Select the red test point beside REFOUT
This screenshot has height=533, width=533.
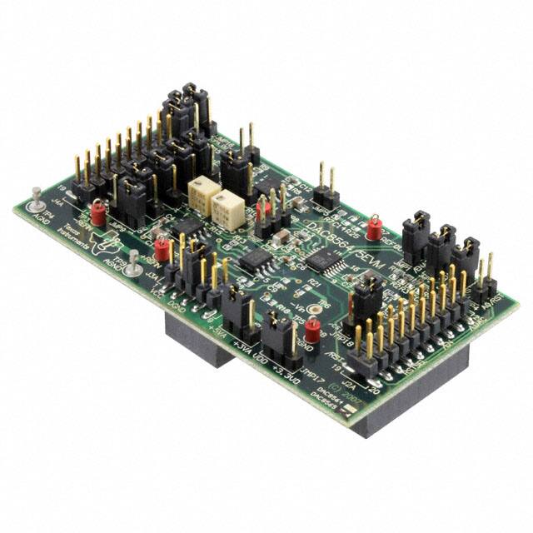[x=375, y=225]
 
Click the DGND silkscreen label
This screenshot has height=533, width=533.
[x=177, y=305]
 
